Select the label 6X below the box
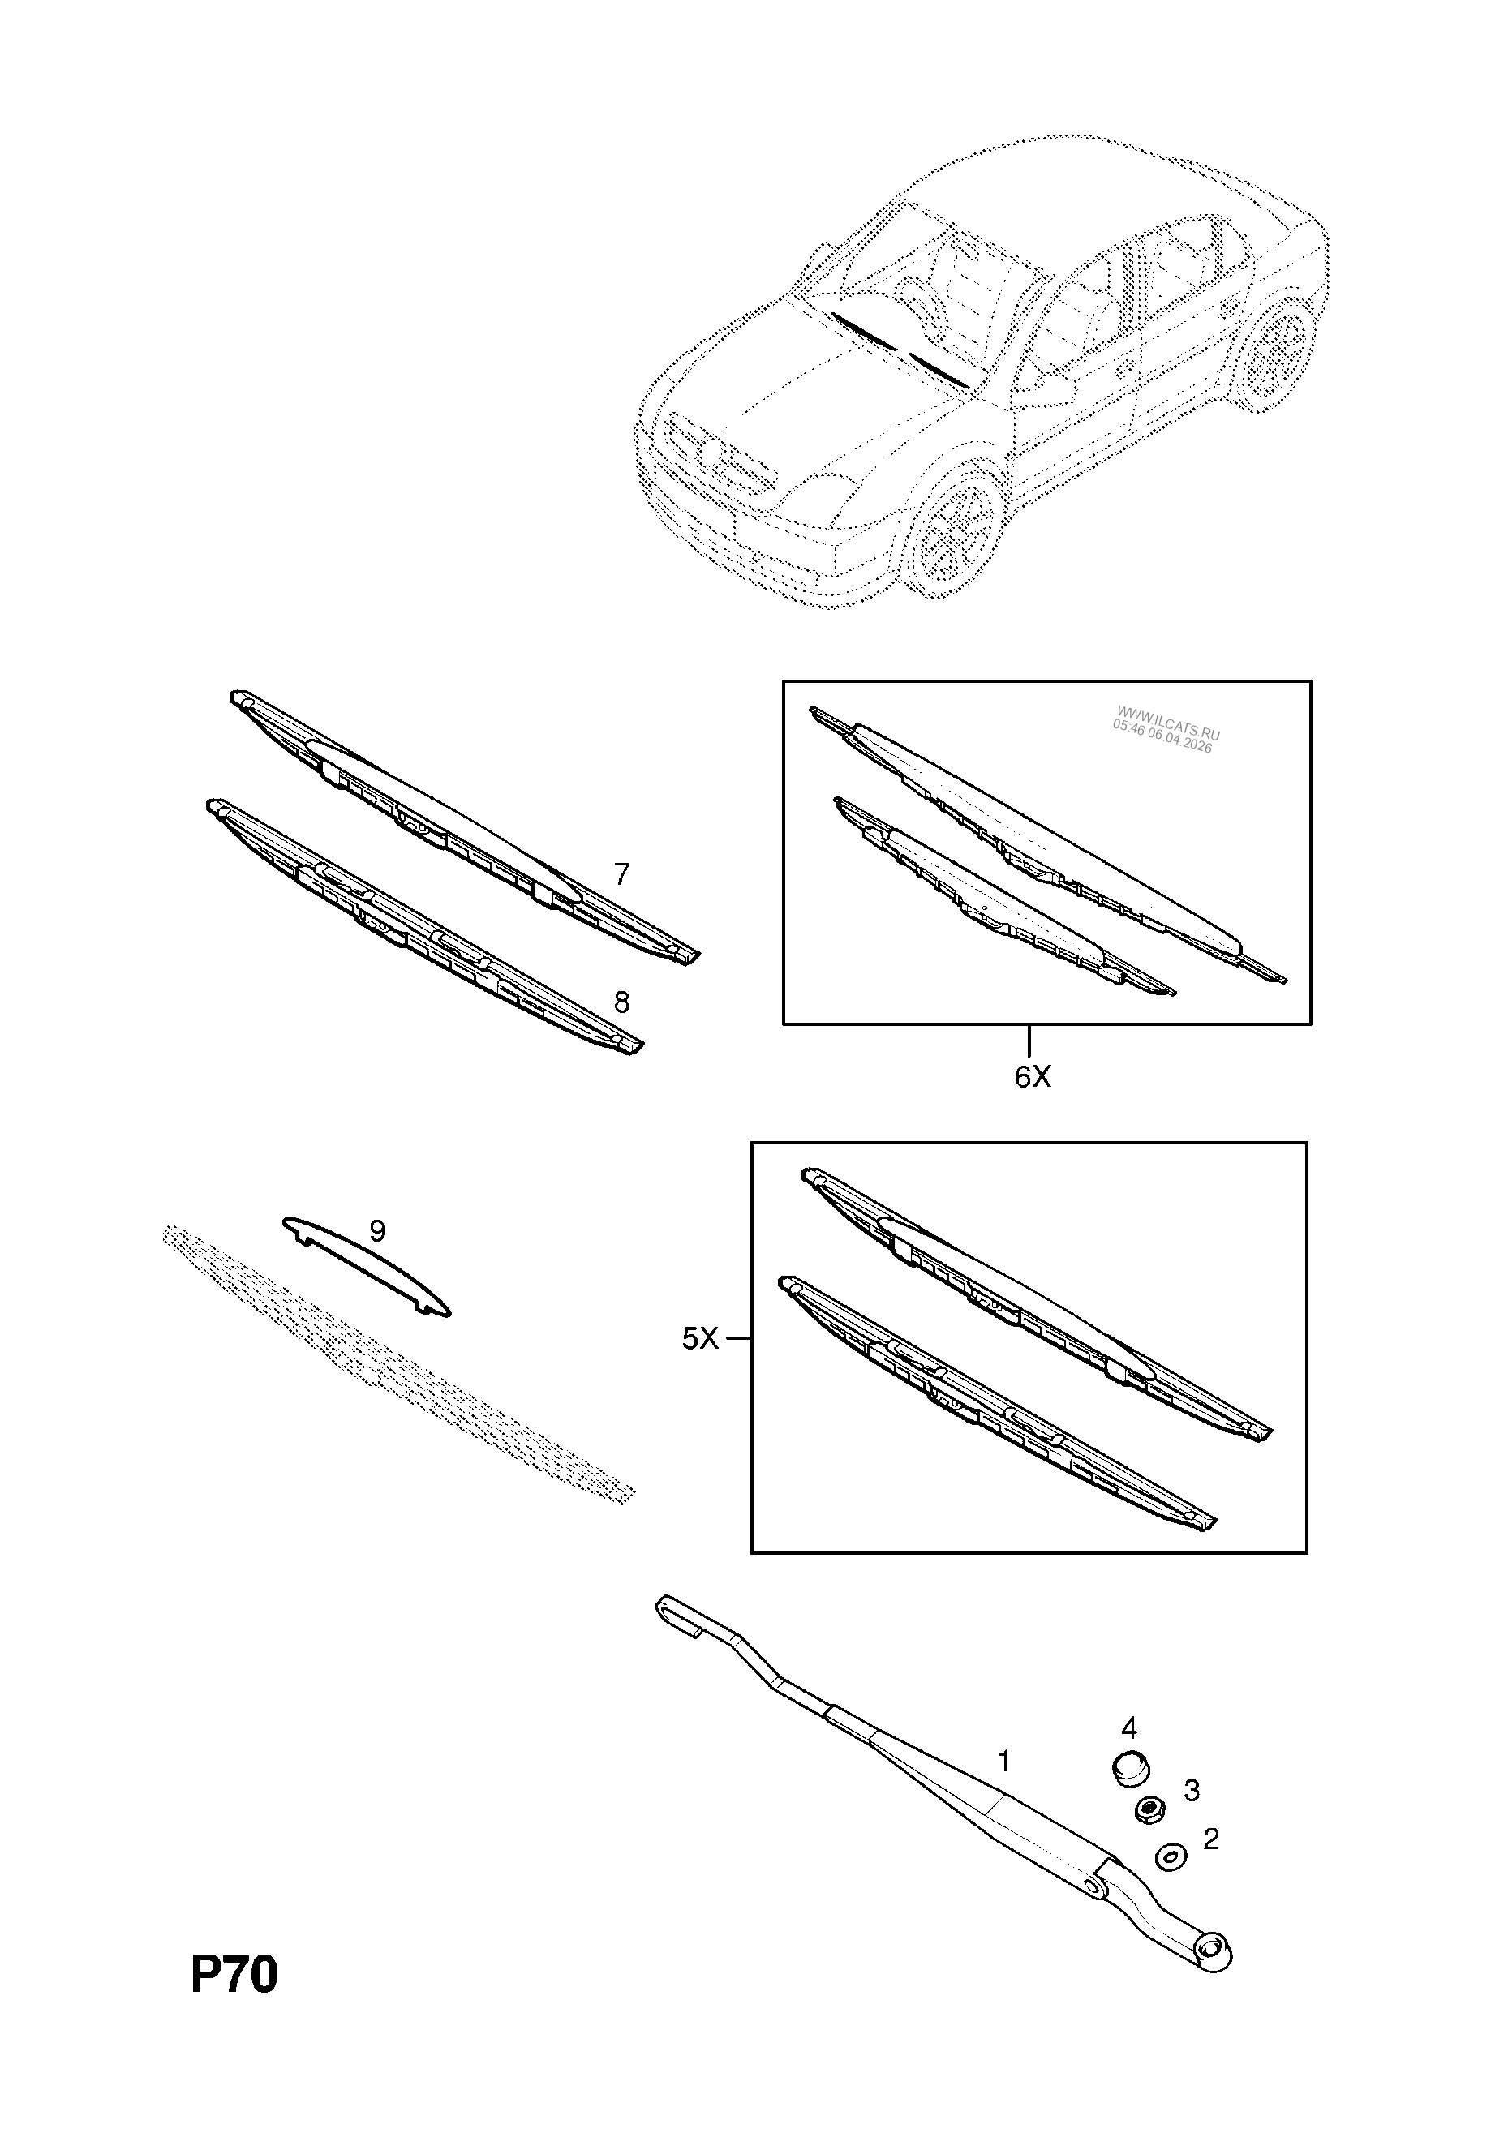coord(1033,1077)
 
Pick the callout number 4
coord(1129,1727)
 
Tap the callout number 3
coord(1190,1789)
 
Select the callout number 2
coord(1209,1839)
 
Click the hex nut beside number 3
coord(1149,1809)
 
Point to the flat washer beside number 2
coord(1171,1857)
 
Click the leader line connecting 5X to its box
coord(737,1339)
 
